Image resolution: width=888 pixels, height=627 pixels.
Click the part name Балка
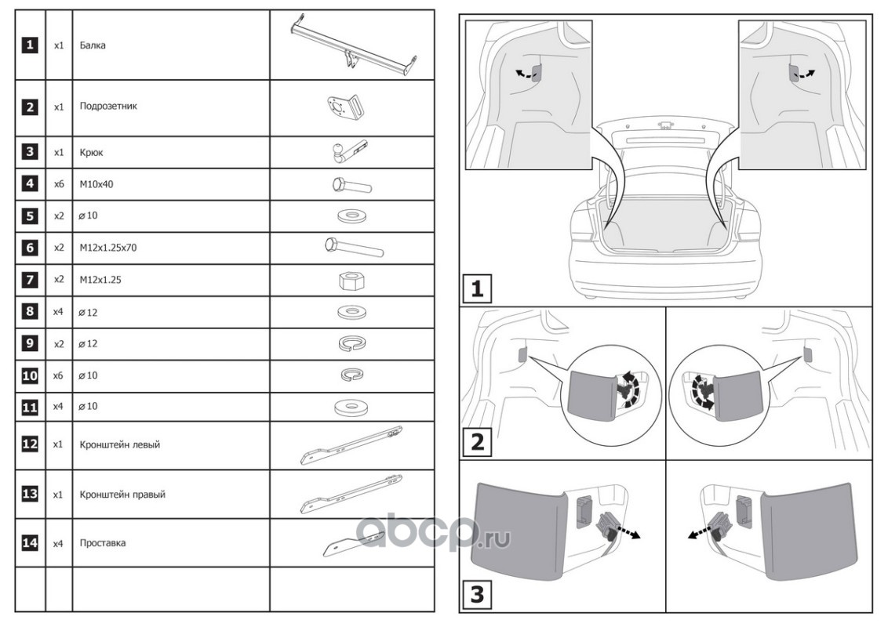pyautogui.click(x=93, y=45)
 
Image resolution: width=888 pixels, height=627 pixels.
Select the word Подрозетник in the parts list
pyautogui.click(x=108, y=106)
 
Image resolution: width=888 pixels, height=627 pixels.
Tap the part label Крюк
pyautogui.click(x=92, y=153)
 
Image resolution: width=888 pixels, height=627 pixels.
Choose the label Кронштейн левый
pyautogui.click(x=120, y=444)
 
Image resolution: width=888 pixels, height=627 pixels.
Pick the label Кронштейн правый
pyautogui.click(x=122, y=495)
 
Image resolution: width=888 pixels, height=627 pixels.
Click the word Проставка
pyautogui.click(x=103, y=542)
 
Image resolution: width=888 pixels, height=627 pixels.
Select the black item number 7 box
pyautogui.click(x=29, y=280)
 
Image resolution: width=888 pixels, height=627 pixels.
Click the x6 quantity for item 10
pyautogui.click(x=58, y=376)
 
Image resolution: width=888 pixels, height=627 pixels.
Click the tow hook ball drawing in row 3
pyautogui.click(x=348, y=150)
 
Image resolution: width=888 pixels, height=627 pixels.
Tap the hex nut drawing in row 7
pyautogui.click(x=350, y=280)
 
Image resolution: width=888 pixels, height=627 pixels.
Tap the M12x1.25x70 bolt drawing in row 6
pyautogui.click(x=352, y=248)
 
